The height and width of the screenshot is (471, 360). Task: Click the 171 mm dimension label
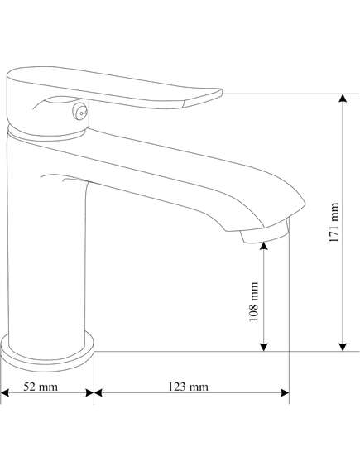pos(334,223)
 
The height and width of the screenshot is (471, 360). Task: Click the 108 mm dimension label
pos(254,301)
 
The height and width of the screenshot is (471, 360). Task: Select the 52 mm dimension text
pos(41,387)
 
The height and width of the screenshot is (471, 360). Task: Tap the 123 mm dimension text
pos(188,387)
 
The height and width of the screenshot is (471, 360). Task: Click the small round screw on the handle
pos(81,112)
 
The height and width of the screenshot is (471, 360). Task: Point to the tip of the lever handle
pos(222,91)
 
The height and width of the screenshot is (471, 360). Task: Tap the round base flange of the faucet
pos(47,353)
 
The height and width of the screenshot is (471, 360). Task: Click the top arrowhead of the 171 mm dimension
pos(343,98)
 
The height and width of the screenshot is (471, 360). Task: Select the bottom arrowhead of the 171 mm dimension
pos(343,347)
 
